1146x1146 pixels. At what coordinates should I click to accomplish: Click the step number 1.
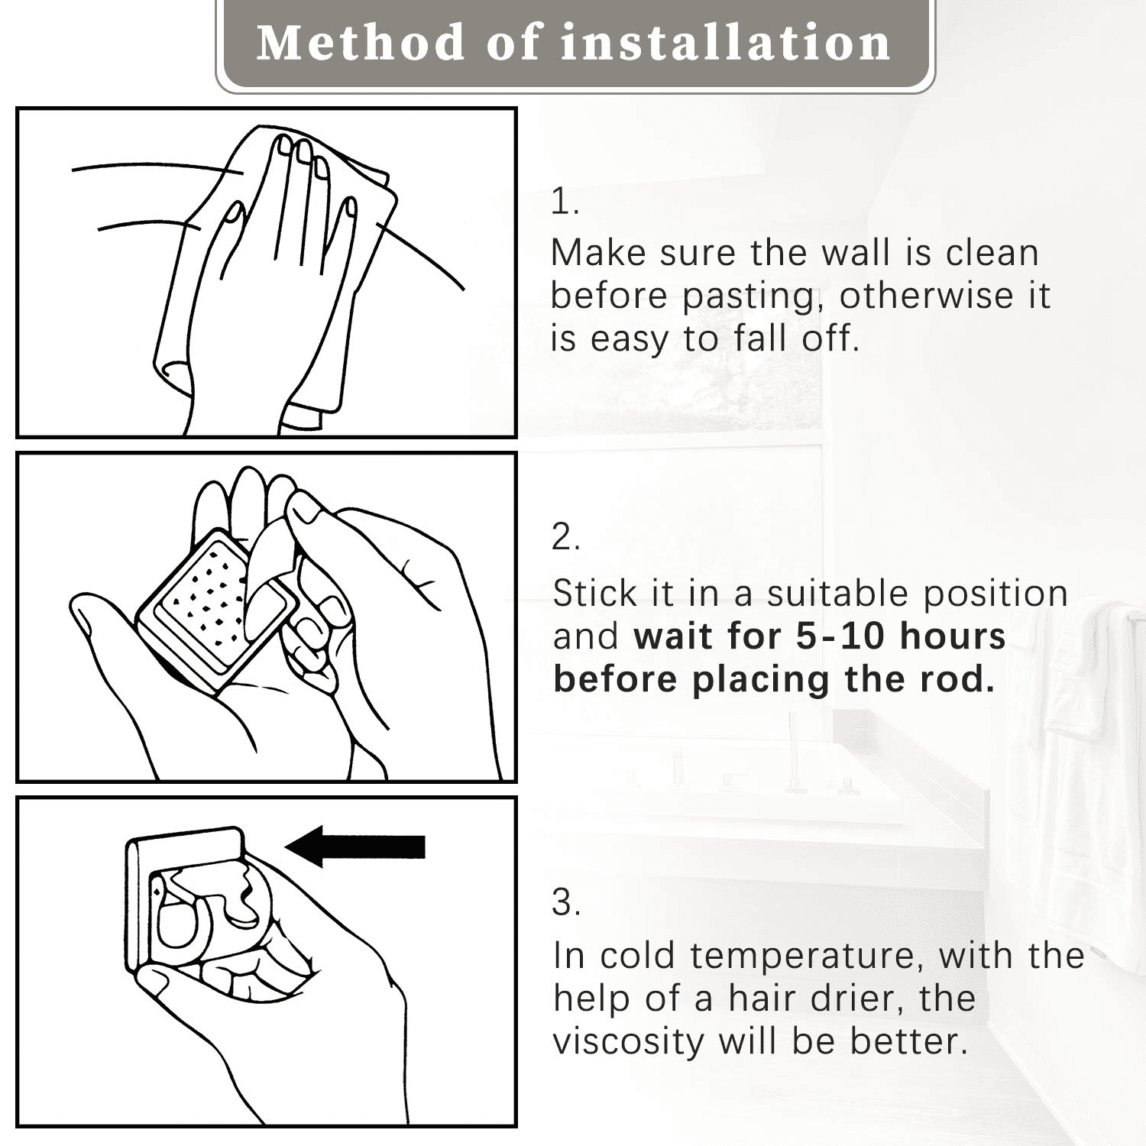565,202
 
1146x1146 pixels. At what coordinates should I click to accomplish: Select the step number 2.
566,537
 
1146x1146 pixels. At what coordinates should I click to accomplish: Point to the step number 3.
566,902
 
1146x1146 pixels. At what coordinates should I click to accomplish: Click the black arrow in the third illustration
355,847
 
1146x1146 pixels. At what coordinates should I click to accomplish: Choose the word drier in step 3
852,999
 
